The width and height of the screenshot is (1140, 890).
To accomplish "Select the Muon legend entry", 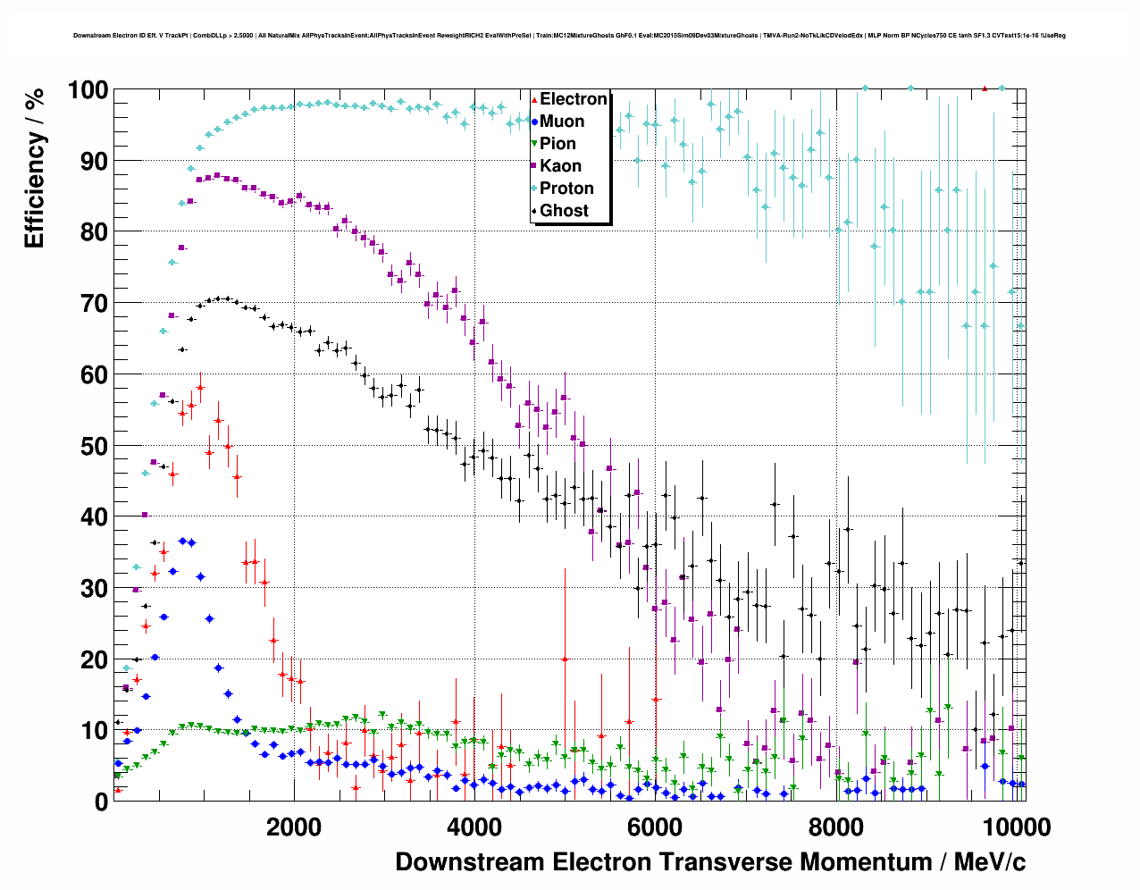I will point(562,122).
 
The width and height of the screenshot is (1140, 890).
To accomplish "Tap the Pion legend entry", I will point(557,144).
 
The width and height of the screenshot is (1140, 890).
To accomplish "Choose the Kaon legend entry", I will point(560,166).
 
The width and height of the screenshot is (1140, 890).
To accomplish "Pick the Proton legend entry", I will point(566,189).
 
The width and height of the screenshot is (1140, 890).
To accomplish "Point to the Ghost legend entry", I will point(564,211).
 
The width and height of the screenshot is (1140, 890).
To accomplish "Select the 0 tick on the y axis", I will point(101,802).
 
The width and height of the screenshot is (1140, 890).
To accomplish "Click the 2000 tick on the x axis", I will point(293,827).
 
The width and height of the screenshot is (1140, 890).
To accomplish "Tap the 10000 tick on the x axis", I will point(1015,827).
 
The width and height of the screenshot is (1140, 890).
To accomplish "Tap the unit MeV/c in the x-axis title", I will point(990,862).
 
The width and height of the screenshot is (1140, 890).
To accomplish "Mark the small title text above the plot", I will point(569,36).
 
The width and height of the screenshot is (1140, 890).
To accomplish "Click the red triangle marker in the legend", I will point(534,99).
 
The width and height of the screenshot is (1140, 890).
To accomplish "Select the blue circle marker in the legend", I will point(534,122).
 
